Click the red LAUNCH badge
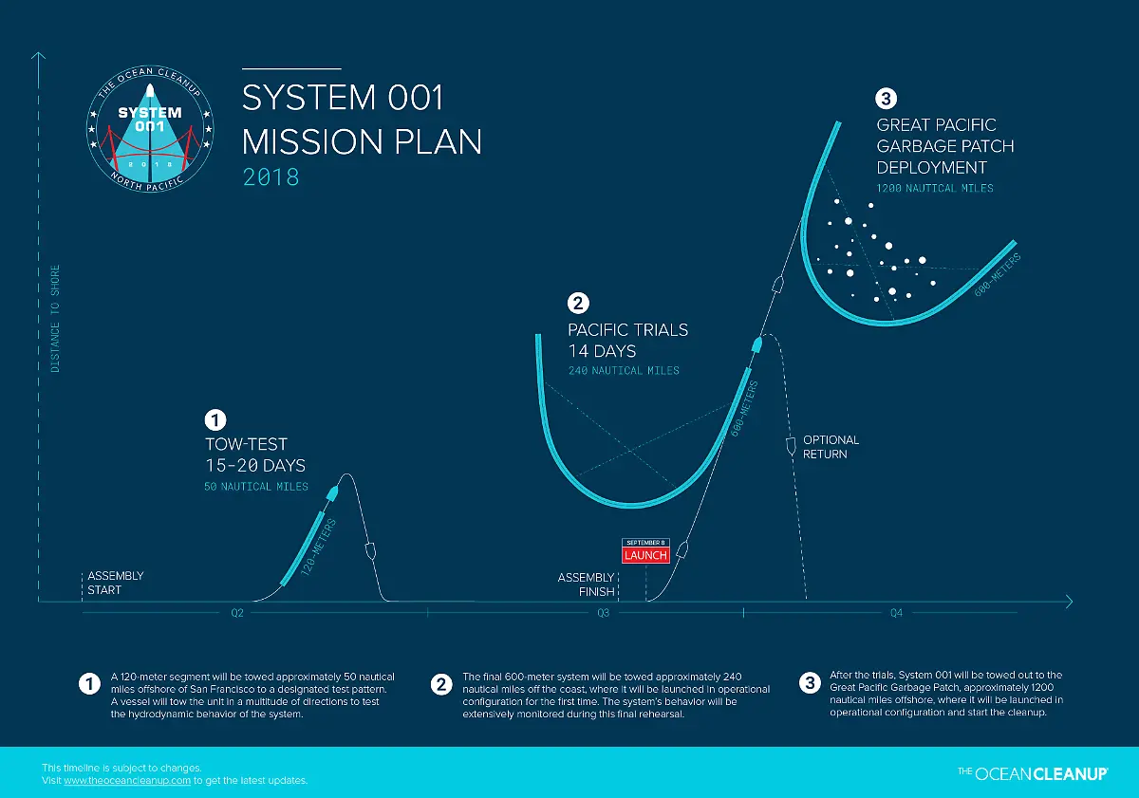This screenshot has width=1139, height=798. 645,555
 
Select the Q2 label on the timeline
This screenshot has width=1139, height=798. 237,613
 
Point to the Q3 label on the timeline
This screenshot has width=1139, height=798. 604,613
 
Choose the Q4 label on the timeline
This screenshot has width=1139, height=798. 896,613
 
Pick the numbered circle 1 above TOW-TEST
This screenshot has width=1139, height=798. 216,418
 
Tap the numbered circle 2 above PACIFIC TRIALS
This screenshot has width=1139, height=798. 578,304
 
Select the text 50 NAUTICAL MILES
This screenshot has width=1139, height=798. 256,487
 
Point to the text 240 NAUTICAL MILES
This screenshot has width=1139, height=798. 624,370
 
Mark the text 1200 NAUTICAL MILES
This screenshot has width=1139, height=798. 935,188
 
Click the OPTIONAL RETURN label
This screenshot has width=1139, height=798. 831,447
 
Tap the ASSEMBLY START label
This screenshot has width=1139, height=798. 115,583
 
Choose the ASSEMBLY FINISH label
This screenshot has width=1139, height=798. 587,585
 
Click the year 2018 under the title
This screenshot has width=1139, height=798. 271,176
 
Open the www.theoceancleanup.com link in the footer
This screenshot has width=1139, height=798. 127,780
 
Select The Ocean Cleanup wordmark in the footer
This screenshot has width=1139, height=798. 1033,773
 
